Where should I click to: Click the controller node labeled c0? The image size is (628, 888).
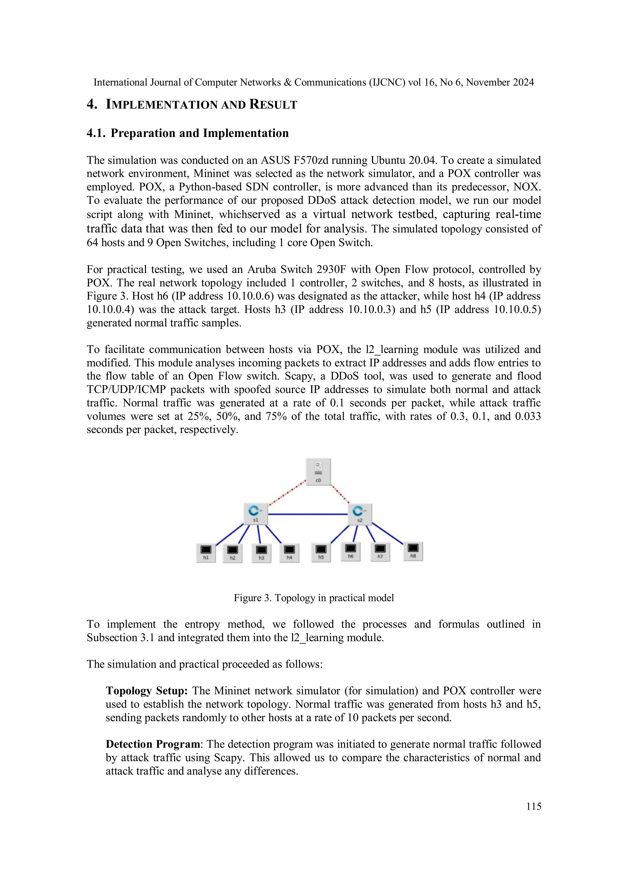[318, 471]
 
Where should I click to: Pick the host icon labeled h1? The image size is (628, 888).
[206, 552]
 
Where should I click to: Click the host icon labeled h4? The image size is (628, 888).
[289, 552]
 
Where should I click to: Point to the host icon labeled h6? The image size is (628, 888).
[350, 551]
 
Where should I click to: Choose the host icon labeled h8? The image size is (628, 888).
[413, 551]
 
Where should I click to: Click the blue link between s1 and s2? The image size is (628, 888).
[308, 514]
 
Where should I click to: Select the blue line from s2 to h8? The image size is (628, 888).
[388, 534]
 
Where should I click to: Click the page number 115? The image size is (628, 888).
[534, 806]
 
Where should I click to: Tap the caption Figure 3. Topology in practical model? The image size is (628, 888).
[313, 598]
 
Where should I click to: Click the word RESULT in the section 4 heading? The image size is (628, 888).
[273, 105]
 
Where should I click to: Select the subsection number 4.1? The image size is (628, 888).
[96, 133]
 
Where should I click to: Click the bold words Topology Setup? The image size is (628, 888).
[147, 691]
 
